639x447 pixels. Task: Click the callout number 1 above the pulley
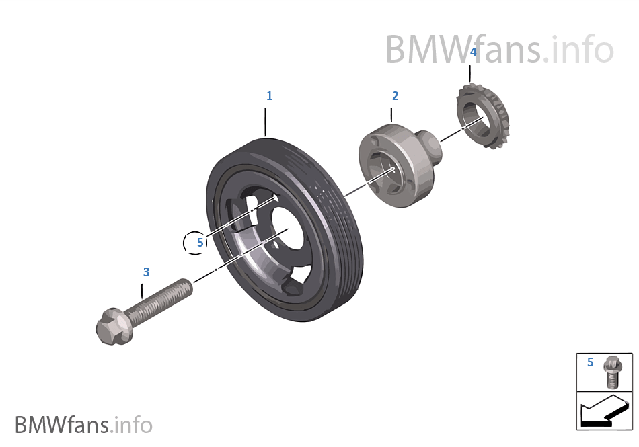(x=269, y=96)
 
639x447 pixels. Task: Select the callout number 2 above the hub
(x=395, y=96)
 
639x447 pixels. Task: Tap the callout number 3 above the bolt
(x=146, y=272)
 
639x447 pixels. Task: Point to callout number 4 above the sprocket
(x=473, y=52)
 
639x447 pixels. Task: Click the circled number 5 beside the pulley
(x=199, y=243)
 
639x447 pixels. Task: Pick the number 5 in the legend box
(x=590, y=362)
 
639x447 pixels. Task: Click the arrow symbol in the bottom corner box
(x=603, y=411)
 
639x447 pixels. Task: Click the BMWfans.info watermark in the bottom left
(x=83, y=425)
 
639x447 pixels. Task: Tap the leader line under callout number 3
(x=143, y=291)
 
